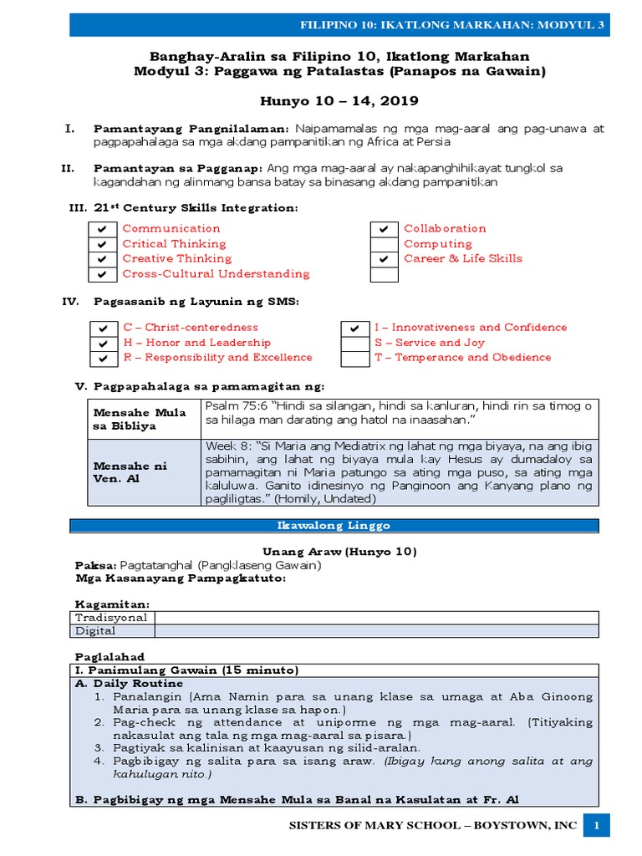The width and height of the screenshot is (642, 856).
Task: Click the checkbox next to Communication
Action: click(101, 229)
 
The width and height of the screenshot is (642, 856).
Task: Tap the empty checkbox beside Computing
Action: click(384, 244)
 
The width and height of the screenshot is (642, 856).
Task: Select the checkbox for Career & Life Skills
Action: click(384, 259)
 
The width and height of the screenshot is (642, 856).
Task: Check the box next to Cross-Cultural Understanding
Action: click(101, 274)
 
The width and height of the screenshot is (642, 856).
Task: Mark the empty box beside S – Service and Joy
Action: click(355, 344)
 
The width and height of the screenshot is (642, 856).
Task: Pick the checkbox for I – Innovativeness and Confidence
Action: click(355, 329)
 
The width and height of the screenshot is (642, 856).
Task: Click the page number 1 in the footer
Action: click(597, 826)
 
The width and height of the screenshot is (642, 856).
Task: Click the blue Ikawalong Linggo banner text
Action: click(334, 526)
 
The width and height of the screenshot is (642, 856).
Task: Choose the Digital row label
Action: click(96, 631)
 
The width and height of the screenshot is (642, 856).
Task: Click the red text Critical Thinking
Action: click(174, 244)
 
